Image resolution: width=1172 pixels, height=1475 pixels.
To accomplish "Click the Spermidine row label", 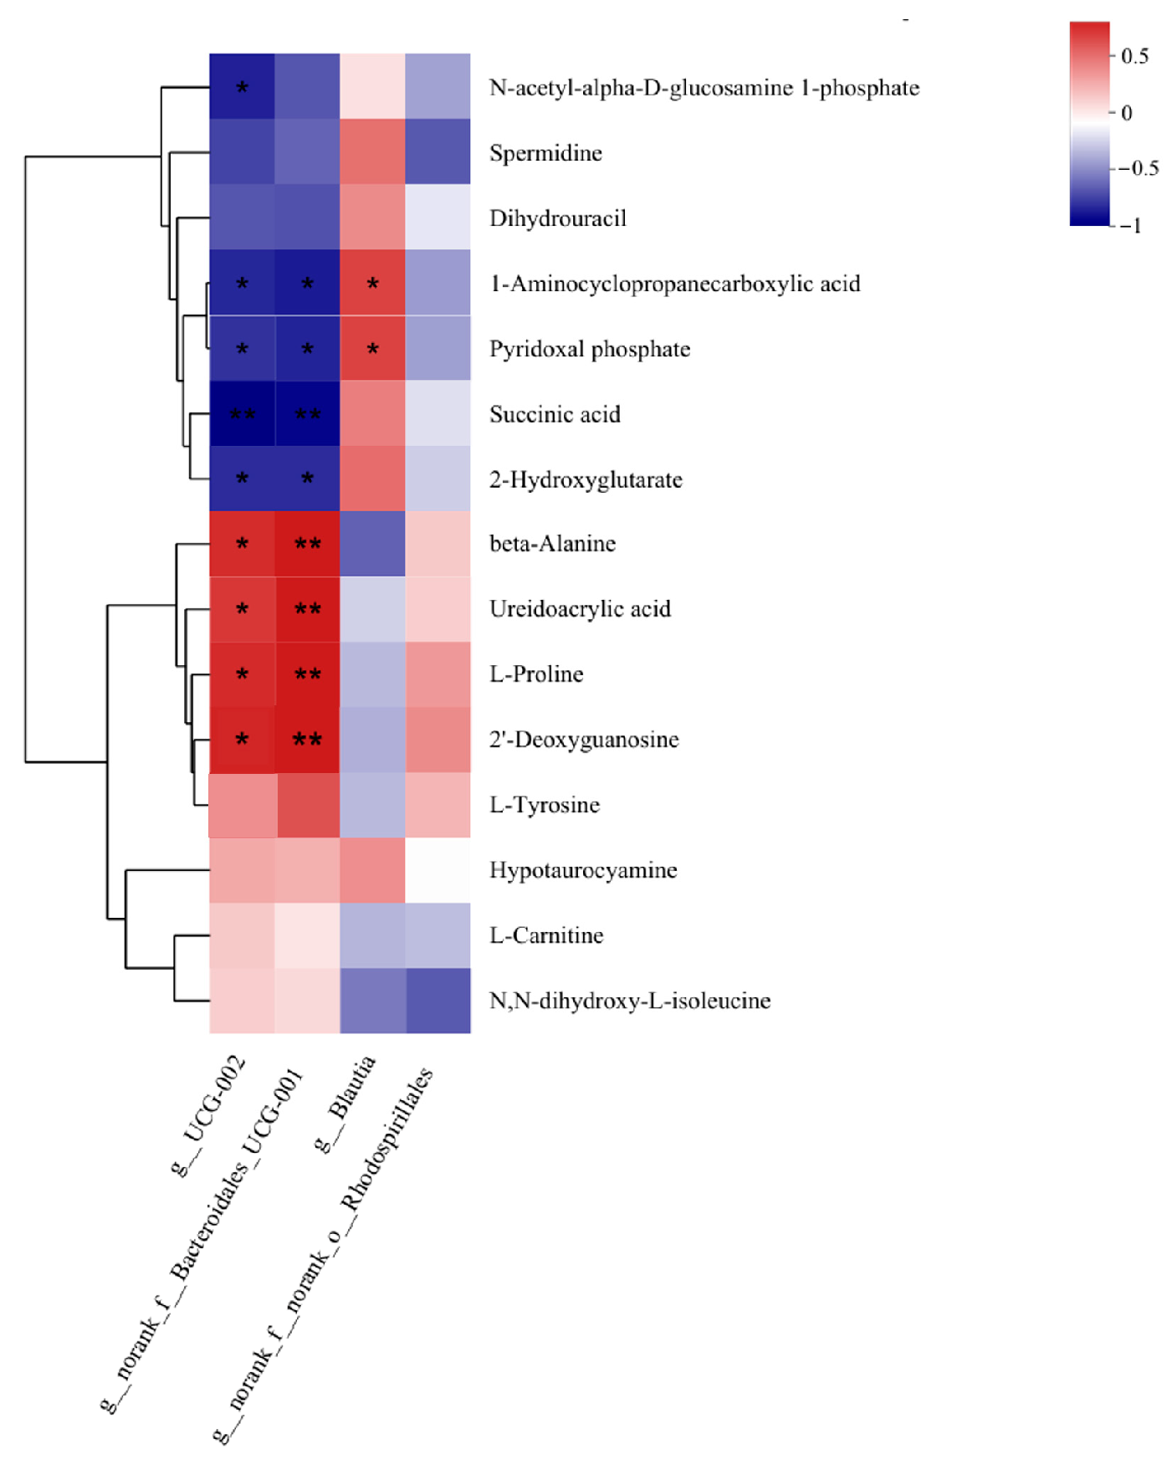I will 545,153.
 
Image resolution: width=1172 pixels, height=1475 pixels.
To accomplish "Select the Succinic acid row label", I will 555,414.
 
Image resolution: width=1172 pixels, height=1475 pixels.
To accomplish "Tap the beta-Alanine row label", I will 552,544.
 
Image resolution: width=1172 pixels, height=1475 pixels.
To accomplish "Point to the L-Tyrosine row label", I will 545,805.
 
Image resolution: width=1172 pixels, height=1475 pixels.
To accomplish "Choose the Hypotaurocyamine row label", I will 583,870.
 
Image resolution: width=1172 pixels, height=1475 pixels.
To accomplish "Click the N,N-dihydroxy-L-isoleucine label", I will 629,1001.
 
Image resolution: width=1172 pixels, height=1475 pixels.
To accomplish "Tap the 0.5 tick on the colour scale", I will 1134,56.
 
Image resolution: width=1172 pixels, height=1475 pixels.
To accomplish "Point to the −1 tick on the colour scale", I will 1131,225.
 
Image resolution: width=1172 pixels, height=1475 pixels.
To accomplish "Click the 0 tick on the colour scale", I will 1127,113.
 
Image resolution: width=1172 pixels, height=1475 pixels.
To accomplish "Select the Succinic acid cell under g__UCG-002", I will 242,413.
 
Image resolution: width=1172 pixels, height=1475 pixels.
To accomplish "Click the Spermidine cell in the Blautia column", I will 372,151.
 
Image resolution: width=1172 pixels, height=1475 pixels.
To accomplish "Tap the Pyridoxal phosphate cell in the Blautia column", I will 372,348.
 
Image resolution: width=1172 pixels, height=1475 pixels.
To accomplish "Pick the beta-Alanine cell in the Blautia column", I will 372,544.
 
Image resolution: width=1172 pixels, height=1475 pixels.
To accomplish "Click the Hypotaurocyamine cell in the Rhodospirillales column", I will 438,870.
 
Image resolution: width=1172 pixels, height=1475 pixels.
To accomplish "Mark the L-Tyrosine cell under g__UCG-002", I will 242,805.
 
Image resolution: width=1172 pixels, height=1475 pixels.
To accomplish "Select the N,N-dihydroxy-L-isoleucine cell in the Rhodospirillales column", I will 438,1001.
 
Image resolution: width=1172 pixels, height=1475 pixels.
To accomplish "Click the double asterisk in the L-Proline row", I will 307,674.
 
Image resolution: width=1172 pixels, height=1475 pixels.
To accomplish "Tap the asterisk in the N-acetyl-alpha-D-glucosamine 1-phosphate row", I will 242,87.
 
